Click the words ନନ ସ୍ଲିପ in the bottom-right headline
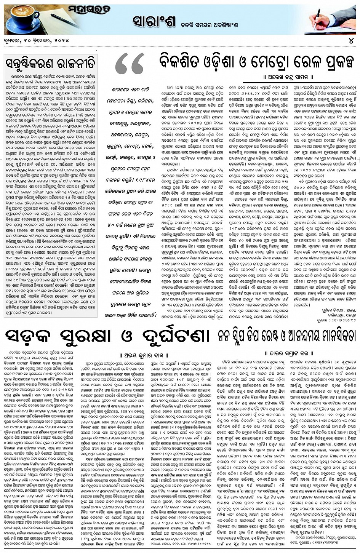tap(237, 336)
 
